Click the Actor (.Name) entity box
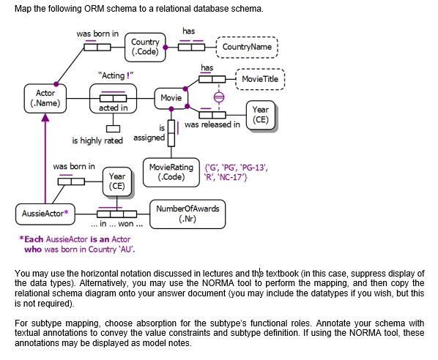50,99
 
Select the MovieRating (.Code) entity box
171,173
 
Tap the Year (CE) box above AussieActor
117,181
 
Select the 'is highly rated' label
97,140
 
